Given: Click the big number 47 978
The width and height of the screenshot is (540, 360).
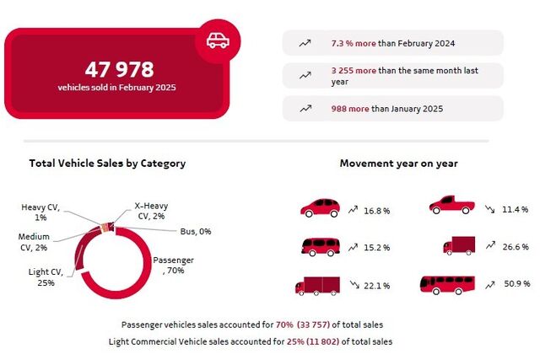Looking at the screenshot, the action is coord(119,69).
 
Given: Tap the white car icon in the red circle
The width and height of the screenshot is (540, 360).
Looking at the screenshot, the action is coord(218,40).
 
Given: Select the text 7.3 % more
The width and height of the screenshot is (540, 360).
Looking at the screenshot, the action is coord(354,43).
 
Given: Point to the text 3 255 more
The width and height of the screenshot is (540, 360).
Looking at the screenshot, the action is coord(354,71).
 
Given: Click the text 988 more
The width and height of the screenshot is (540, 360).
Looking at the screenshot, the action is coord(350,109).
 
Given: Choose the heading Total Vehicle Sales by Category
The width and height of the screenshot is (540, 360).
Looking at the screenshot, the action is coord(107,163).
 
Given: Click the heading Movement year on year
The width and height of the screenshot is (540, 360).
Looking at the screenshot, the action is coord(399,163).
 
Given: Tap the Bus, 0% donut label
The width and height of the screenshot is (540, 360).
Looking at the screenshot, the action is coord(196,231).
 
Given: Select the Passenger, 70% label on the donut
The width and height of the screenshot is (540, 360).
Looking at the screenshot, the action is coord(173,265).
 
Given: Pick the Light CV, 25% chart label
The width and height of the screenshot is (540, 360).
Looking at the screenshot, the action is coord(46,277).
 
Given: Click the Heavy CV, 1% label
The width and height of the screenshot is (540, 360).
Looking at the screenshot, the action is coord(40,212).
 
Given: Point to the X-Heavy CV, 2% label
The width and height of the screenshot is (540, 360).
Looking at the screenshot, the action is coord(151,211).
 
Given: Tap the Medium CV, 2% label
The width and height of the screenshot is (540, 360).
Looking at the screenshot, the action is coord(34,242).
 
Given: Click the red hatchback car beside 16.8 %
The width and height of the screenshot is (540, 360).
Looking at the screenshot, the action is coord(321,208).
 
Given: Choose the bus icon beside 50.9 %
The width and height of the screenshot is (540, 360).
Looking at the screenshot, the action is coord(447,285).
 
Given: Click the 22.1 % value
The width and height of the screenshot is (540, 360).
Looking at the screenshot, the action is coord(377,286).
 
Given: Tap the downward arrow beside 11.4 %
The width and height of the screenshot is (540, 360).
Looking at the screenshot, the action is coord(489,209).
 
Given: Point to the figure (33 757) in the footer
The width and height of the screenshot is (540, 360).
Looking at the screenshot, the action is coord(313,325).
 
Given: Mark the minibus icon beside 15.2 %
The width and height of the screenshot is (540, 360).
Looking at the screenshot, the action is coord(321,247).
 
